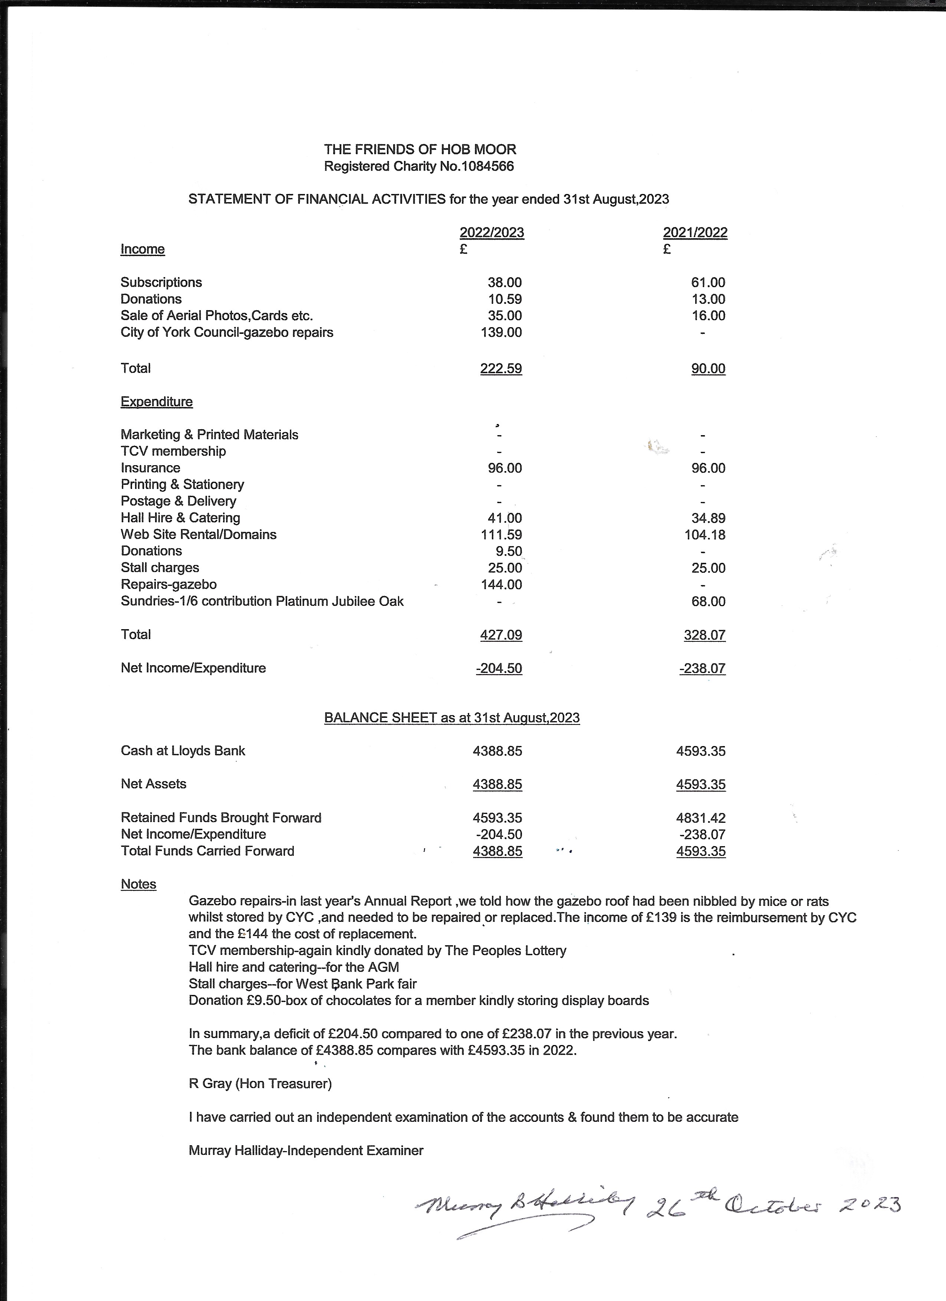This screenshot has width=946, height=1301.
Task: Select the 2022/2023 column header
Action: (x=492, y=232)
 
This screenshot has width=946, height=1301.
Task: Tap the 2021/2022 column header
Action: (x=695, y=232)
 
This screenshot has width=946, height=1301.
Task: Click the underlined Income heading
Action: (x=142, y=249)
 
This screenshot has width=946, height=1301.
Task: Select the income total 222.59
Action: (x=501, y=368)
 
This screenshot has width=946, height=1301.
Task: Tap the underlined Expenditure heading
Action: (x=157, y=401)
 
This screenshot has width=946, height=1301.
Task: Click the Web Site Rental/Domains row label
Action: (x=198, y=535)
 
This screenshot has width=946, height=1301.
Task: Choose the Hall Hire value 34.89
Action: (x=709, y=518)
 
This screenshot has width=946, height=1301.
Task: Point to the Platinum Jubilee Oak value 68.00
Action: (x=709, y=601)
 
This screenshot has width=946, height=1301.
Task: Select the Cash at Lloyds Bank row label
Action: (x=183, y=751)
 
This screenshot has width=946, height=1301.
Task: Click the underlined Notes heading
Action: (x=138, y=884)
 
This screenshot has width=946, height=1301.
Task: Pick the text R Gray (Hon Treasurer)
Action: (x=260, y=1084)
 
